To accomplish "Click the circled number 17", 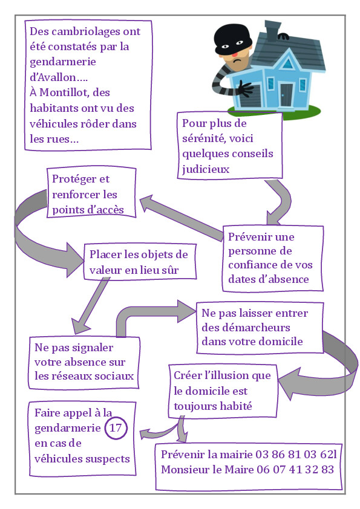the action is (116, 428).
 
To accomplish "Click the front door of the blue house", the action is (287, 95).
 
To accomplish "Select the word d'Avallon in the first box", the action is (59, 77).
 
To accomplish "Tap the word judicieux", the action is (206, 169).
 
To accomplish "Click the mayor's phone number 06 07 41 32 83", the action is (295, 469).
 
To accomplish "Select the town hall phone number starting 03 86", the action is (296, 454).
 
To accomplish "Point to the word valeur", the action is (105, 270).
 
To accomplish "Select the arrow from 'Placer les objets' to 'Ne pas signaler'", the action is (91, 305).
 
